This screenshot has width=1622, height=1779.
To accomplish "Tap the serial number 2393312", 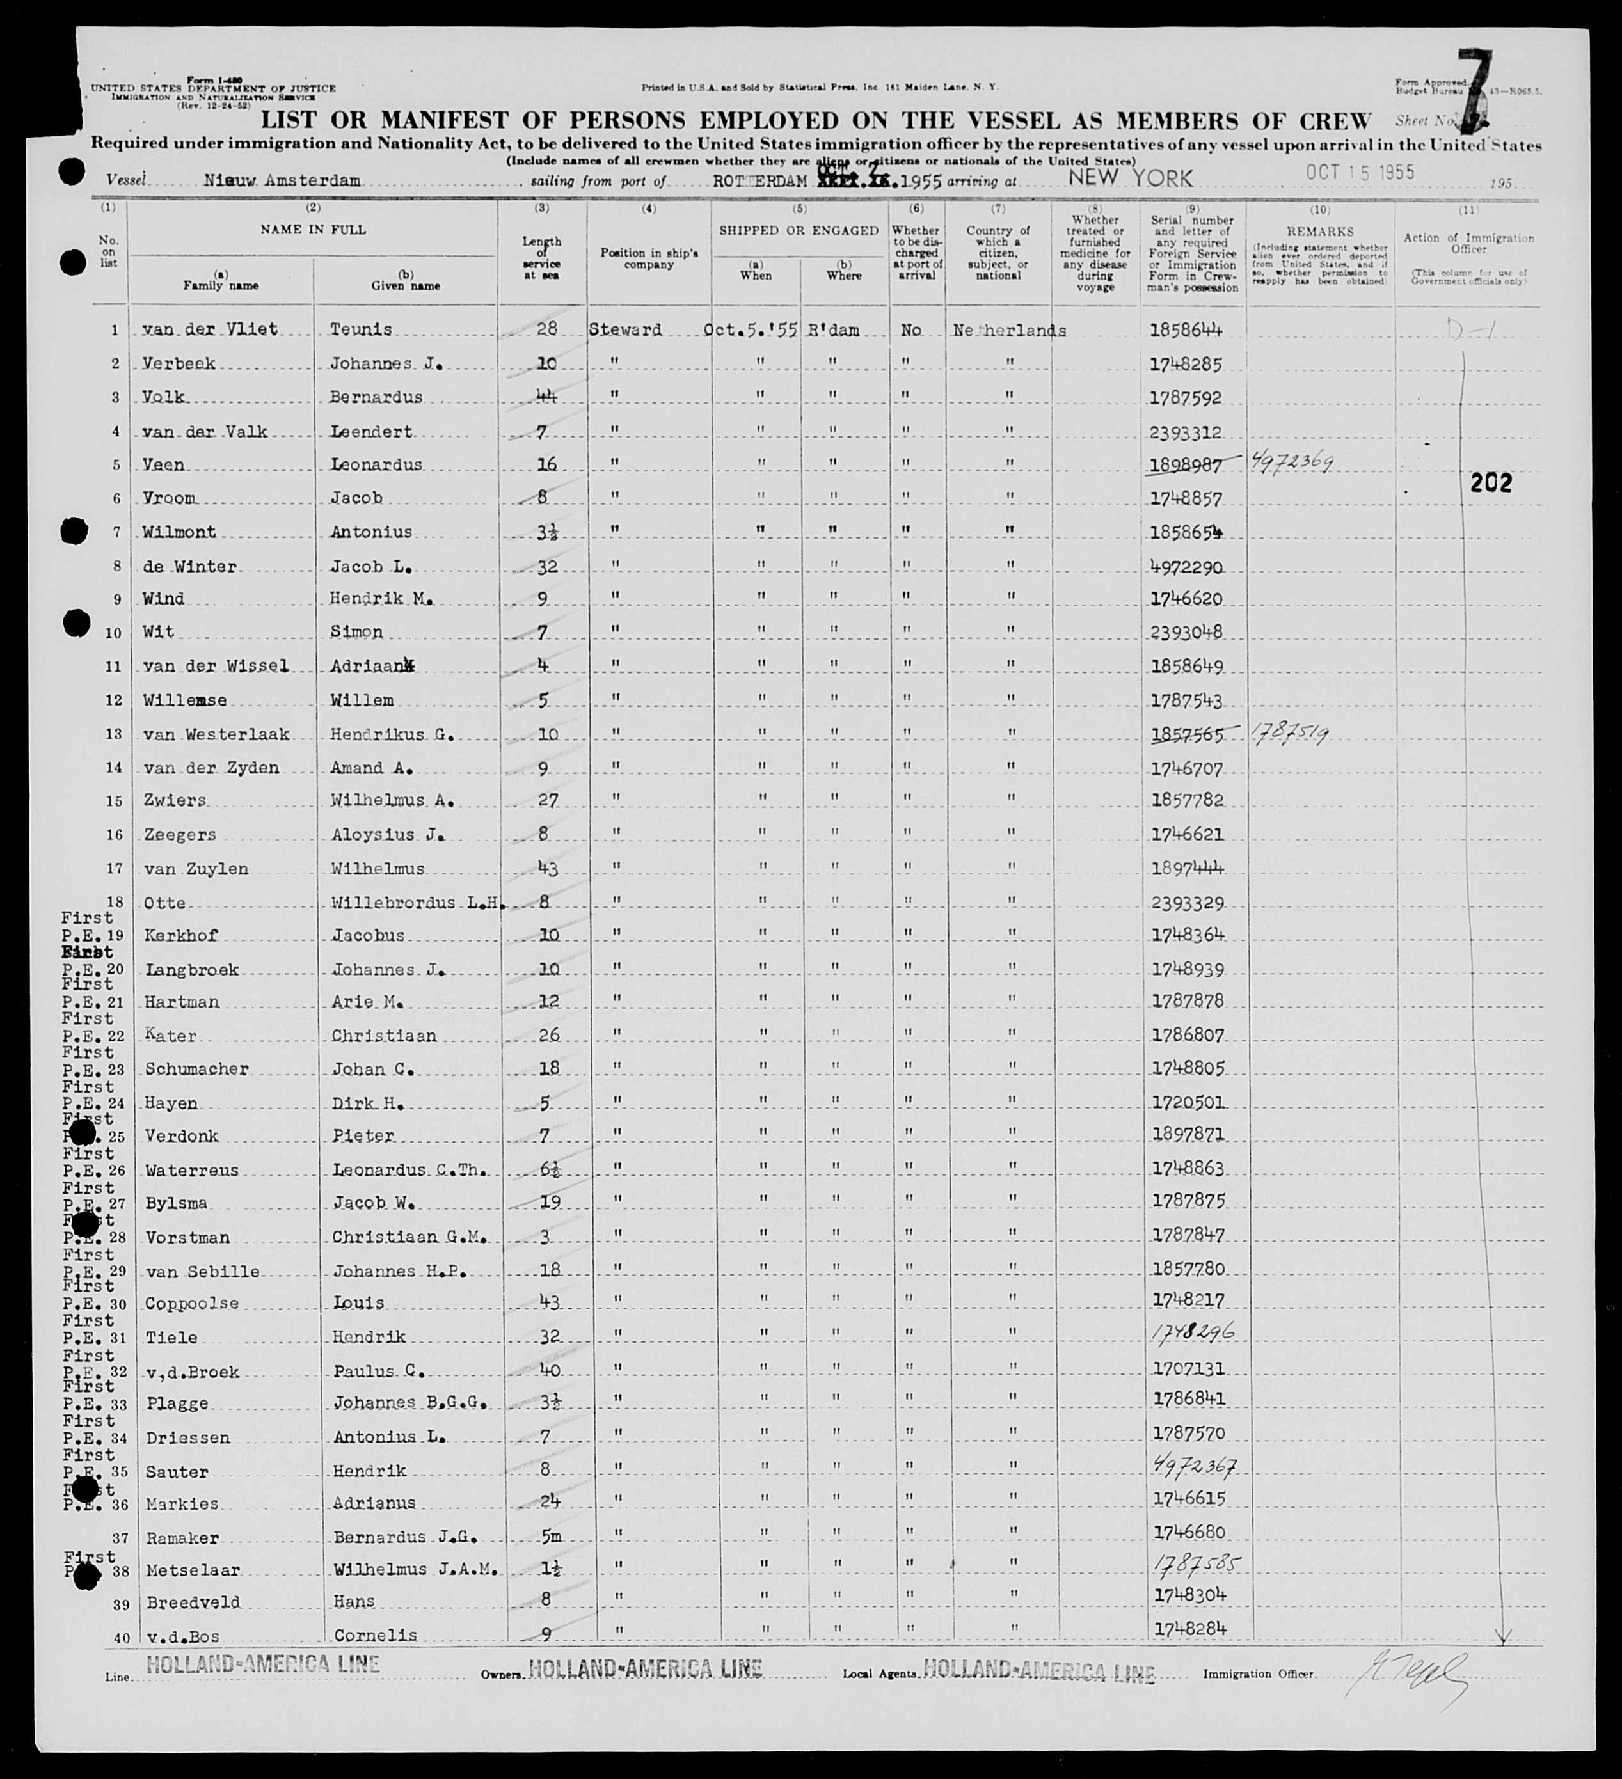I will click(x=1186, y=432).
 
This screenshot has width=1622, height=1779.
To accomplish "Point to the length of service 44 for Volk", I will click(x=547, y=397).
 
